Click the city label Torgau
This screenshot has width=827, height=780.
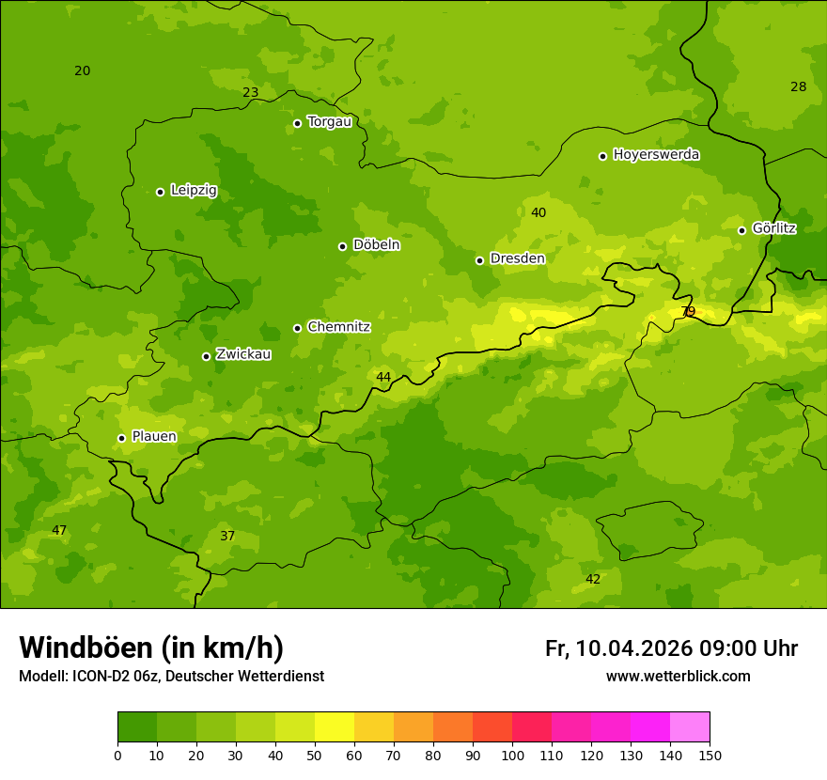click(329, 122)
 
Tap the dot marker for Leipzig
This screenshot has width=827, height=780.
click(160, 192)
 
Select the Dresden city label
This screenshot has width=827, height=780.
click(517, 258)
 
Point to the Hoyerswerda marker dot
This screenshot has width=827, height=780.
click(602, 156)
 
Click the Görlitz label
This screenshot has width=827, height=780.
click(774, 228)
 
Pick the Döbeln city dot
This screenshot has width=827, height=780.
click(342, 246)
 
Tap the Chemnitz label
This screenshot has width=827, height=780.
click(338, 327)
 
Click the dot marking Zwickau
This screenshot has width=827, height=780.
click(206, 356)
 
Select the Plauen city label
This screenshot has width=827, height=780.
click(154, 436)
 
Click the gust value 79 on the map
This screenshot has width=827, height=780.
click(688, 312)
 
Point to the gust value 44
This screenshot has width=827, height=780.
click(383, 377)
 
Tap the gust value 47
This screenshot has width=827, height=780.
click(59, 530)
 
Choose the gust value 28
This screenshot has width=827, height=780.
click(798, 86)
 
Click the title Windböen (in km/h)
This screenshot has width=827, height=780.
click(151, 647)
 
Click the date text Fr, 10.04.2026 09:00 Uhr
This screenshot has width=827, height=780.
click(671, 648)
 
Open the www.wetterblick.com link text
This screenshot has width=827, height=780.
click(678, 677)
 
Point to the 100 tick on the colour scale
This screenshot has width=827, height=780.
click(512, 755)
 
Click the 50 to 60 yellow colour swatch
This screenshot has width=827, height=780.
click(335, 726)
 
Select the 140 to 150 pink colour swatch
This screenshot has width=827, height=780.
click(690, 726)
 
